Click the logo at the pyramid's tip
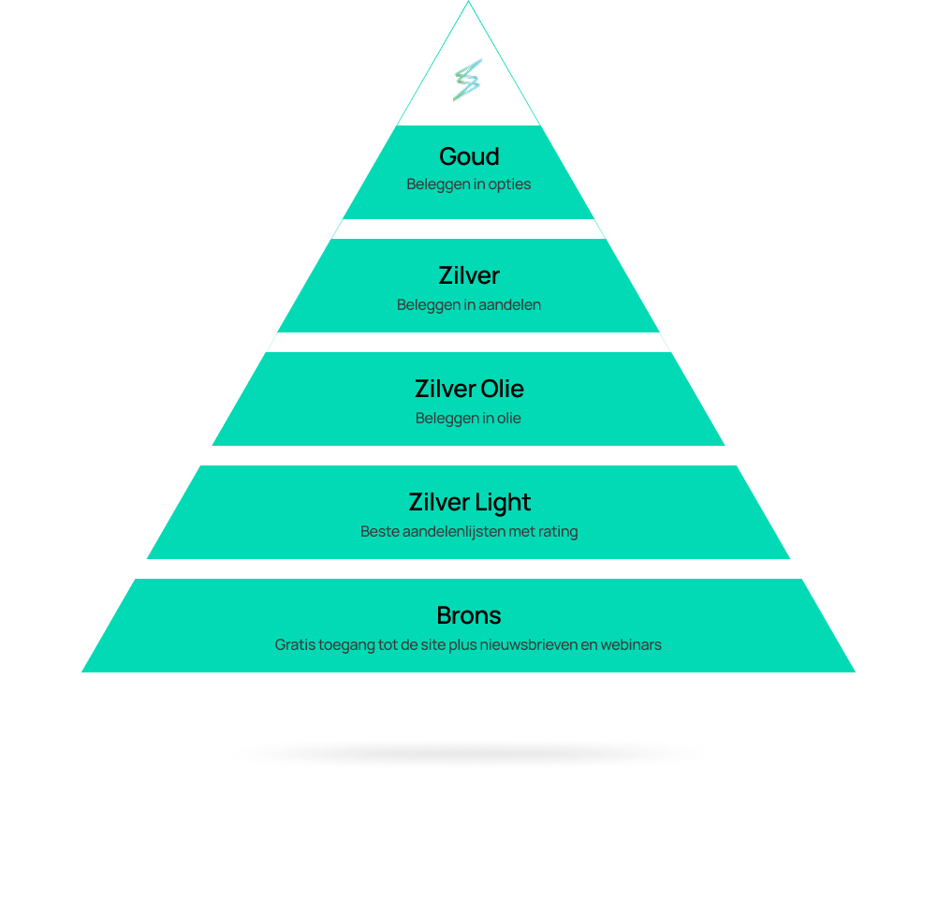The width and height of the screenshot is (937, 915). [467, 80]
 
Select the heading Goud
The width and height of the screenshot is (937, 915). [469, 156]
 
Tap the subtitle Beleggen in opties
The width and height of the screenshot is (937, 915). [468, 184]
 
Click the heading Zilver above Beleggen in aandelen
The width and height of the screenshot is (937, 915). [469, 275]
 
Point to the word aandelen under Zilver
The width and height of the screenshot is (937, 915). [509, 305]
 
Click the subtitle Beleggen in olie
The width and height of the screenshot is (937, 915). [468, 419]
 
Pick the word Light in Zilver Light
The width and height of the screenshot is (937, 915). [503, 503]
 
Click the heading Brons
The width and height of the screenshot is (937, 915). [469, 615]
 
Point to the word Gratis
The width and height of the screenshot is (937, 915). [296, 645]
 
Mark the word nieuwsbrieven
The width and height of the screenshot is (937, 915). [527, 645]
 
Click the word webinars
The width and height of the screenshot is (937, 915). [631, 645]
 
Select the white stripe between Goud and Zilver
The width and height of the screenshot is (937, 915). [468, 229]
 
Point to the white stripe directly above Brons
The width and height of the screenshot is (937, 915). [468, 569]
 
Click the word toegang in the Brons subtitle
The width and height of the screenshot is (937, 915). [349, 645]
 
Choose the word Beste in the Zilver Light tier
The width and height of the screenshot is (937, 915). [379, 532]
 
